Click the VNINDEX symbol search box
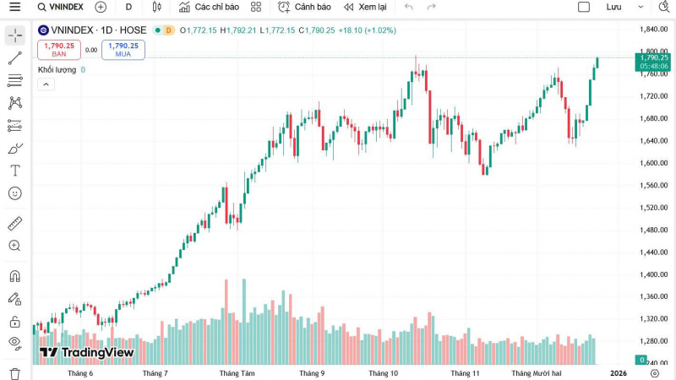pos(61,7)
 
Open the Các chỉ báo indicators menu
pos(208,7)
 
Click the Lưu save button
pos(613,7)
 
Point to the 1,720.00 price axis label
pos(654,96)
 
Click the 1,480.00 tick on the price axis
pos(654,230)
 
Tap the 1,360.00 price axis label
pos(654,296)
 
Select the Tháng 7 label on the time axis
pos(155,372)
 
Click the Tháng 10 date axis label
pos(383,372)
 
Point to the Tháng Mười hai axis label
pos(537,372)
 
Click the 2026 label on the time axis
pos(619,372)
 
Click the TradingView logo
pos(87,352)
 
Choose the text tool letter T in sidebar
pos(14,171)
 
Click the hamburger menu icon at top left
pos(14,7)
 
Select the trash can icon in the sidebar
pos(14,373)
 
